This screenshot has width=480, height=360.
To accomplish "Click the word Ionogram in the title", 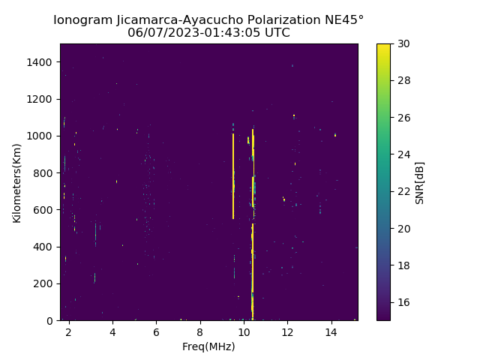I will click(x=83, y=20).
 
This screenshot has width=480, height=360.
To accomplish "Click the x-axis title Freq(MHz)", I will click(x=208, y=346).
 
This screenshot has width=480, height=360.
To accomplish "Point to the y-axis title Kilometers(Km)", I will click(x=16, y=182).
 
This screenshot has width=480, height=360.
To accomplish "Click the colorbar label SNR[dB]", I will click(x=420, y=182).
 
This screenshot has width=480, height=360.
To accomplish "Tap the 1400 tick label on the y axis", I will click(x=40, y=62).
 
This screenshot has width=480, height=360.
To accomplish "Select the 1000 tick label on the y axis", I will click(x=40, y=136).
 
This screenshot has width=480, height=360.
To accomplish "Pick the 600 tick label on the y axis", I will click(x=43, y=210).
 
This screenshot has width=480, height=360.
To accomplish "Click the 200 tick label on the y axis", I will click(x=43, y=283).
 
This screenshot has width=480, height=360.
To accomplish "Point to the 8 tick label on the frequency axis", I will click(x=200, y=331).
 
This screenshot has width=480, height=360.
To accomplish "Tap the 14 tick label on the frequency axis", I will click(x=331, y=331).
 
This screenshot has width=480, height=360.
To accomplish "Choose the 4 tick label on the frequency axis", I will click(x=112, y=331).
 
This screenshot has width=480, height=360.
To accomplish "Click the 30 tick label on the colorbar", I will click(x=402, y=43).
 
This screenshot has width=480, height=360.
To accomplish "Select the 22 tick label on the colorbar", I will click(x=402, y=191).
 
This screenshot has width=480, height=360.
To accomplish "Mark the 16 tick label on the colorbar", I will click(x=402, y=302).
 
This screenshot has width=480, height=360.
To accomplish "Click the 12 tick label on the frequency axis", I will click(x=287, y=331).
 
